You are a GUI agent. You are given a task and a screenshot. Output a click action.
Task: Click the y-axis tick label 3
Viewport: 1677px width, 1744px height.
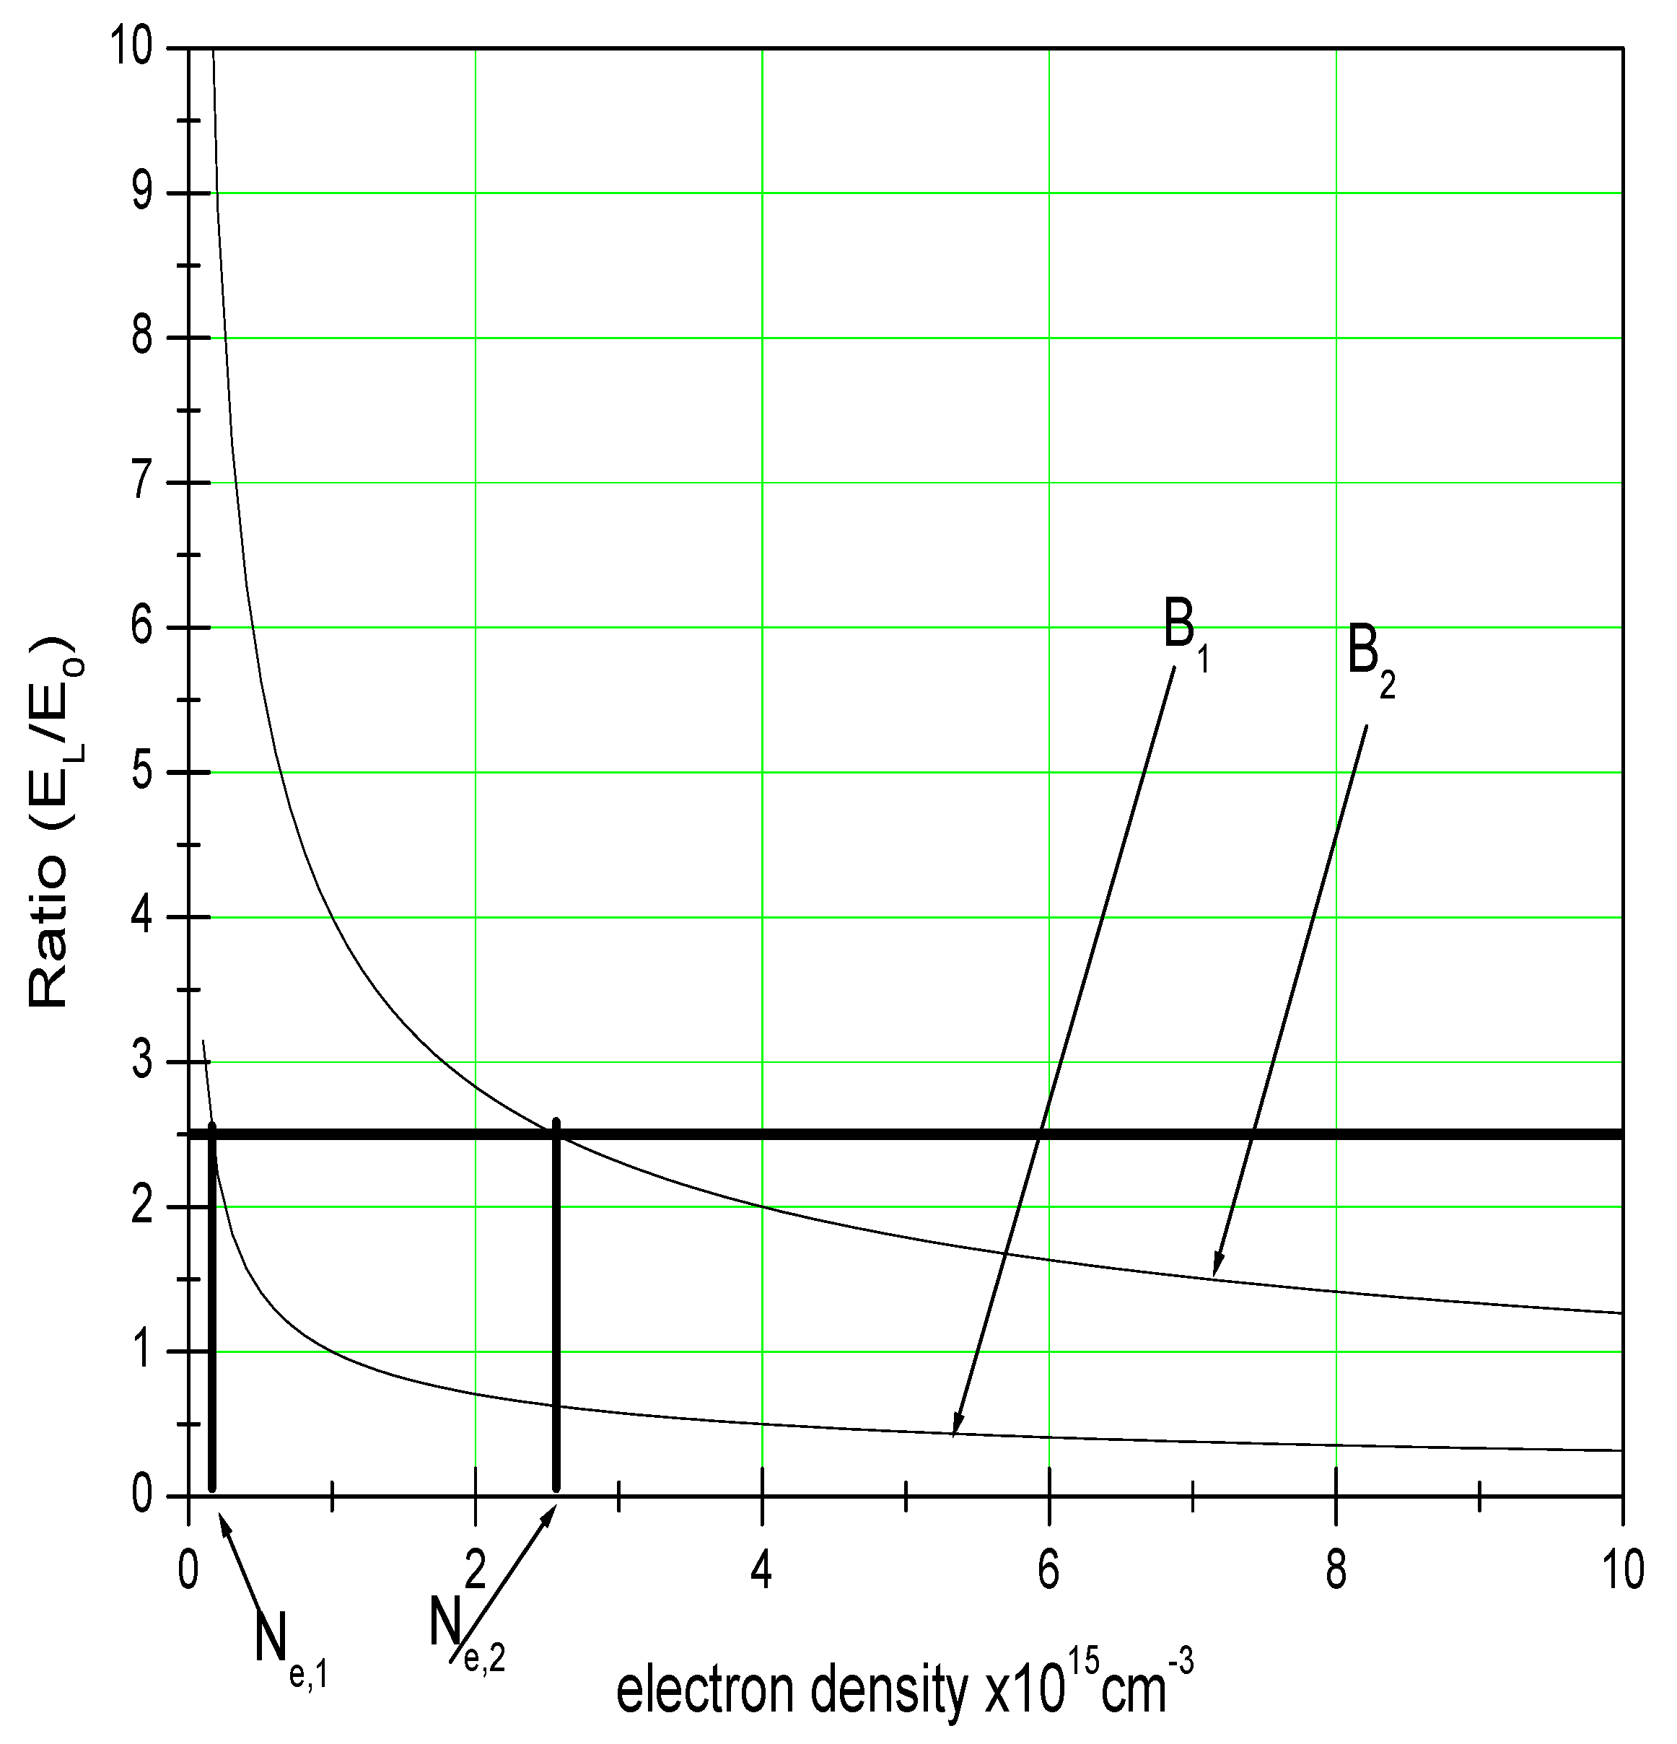click(x=142, y=1061)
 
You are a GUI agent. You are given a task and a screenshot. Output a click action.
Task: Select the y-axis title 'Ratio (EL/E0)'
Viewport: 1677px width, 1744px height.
click(x=49, y=820)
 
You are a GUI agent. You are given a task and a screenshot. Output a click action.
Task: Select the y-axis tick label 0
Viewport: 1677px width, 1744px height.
click(x=142, y=1497)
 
